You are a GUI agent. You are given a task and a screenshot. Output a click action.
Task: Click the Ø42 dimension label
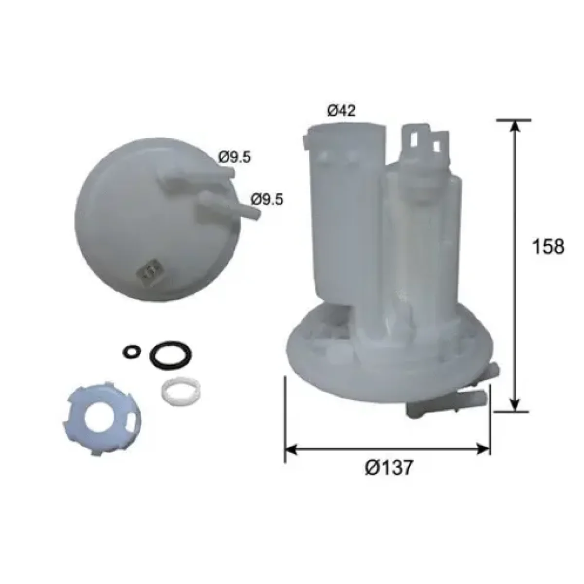tap(341, 111)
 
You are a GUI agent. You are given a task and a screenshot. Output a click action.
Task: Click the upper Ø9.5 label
tap(235, 157)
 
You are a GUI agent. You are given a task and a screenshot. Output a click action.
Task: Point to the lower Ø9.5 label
tap(267, 200)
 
